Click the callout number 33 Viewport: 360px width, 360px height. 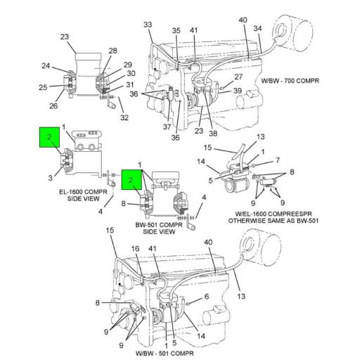[148, 25]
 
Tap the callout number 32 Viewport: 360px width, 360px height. [124, 117]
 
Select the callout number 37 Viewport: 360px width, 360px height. [167, 127]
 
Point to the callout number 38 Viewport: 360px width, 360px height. [213, 134]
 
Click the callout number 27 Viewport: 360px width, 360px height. [238, 77]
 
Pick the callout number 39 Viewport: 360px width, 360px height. [238, 91]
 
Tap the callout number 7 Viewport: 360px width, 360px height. [278, 160]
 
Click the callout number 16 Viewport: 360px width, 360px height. [135, 249]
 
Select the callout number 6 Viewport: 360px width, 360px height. [207, 297]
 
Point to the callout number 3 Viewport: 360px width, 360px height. [51, 178]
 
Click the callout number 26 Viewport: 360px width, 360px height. [53, 106]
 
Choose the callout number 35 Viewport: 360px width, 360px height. [176, 31]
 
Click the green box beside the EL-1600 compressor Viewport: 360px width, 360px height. [49, 137]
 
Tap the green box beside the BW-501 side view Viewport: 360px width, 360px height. [131, 180]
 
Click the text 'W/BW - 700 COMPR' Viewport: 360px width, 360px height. [290, 81]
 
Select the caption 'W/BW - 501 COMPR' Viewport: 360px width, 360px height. [165, 353]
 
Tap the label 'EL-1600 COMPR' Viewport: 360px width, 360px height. [83, 192]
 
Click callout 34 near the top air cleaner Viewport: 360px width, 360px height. [257, 28]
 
